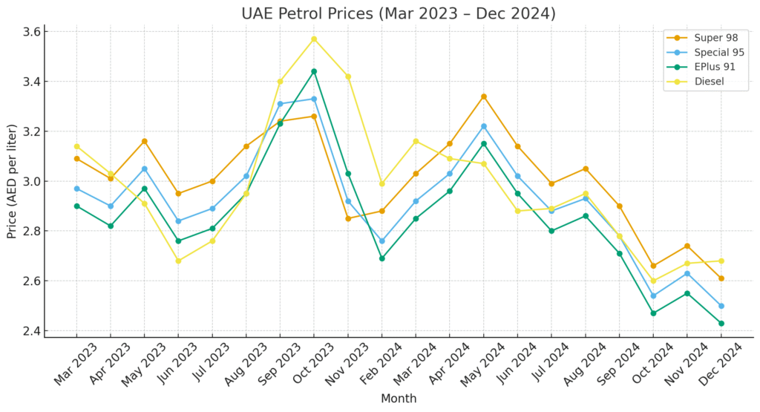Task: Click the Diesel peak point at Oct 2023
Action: (x=314, y=39)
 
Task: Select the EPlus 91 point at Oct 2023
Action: (x=314, y=71)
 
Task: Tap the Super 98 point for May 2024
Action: (x=484, y=97)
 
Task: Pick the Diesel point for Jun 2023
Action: (x=178, y=261)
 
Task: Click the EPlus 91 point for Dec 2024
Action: (x=721, y=323)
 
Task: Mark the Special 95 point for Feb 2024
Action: (x=382, y=241)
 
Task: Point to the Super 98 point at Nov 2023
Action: (x=348, y=218)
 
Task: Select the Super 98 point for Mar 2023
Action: (x=76, y=159)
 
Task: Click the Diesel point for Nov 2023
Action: (x=348, y=76)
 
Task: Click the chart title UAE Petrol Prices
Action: (x=398, y=13)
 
